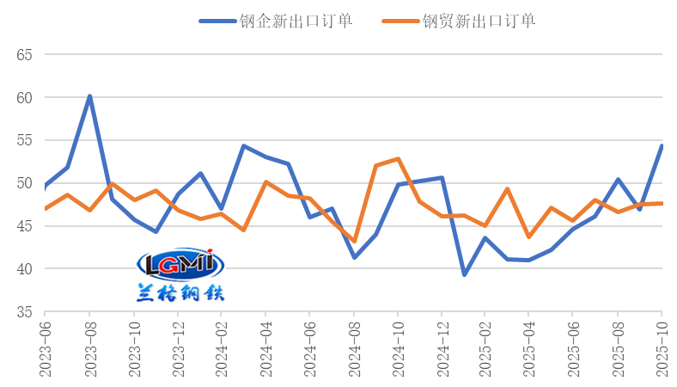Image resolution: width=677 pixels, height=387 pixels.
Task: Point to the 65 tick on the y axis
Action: tap(24, 55)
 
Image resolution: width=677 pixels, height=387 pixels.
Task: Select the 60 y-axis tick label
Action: tap(24, 98)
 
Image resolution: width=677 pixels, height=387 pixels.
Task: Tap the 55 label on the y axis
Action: tap(24, 140)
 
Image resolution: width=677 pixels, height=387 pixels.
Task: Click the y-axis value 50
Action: tap(24, 183)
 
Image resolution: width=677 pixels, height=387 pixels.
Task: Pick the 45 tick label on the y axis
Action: tap(24, 226)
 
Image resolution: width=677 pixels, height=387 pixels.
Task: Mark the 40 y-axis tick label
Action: tap(24, 269)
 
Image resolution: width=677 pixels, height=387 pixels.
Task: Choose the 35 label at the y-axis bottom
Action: tap(24, 312)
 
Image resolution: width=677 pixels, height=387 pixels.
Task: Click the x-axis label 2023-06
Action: tap(45, 347)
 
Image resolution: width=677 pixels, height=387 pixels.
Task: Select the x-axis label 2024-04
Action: tap(266, 347)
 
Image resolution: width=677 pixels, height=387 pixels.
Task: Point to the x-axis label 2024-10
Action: tap(398, 347)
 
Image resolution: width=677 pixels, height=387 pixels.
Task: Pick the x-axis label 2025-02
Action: tap(485, 347)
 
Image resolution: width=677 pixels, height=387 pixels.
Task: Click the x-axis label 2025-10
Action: tap(662, 347)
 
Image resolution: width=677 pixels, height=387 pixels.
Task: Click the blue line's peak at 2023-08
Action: tap(89, 96)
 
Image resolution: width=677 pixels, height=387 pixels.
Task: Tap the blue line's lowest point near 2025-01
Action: tap(464, 274)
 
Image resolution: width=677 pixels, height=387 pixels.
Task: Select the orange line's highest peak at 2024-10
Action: tap(398, 158)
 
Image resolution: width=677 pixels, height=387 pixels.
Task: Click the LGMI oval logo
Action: tap(180, 266)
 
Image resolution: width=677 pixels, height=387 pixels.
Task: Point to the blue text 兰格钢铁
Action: tap(180, 292)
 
